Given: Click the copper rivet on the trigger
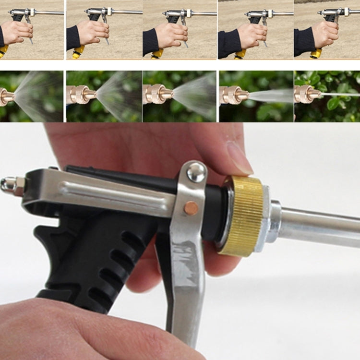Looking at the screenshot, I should pos(191,208).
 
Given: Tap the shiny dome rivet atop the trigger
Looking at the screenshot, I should pos(196,172).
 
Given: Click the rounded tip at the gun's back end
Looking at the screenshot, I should pos(6,184).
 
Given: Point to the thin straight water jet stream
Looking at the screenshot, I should pos(341,94).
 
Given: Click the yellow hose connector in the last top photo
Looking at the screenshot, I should pos(315,53).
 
